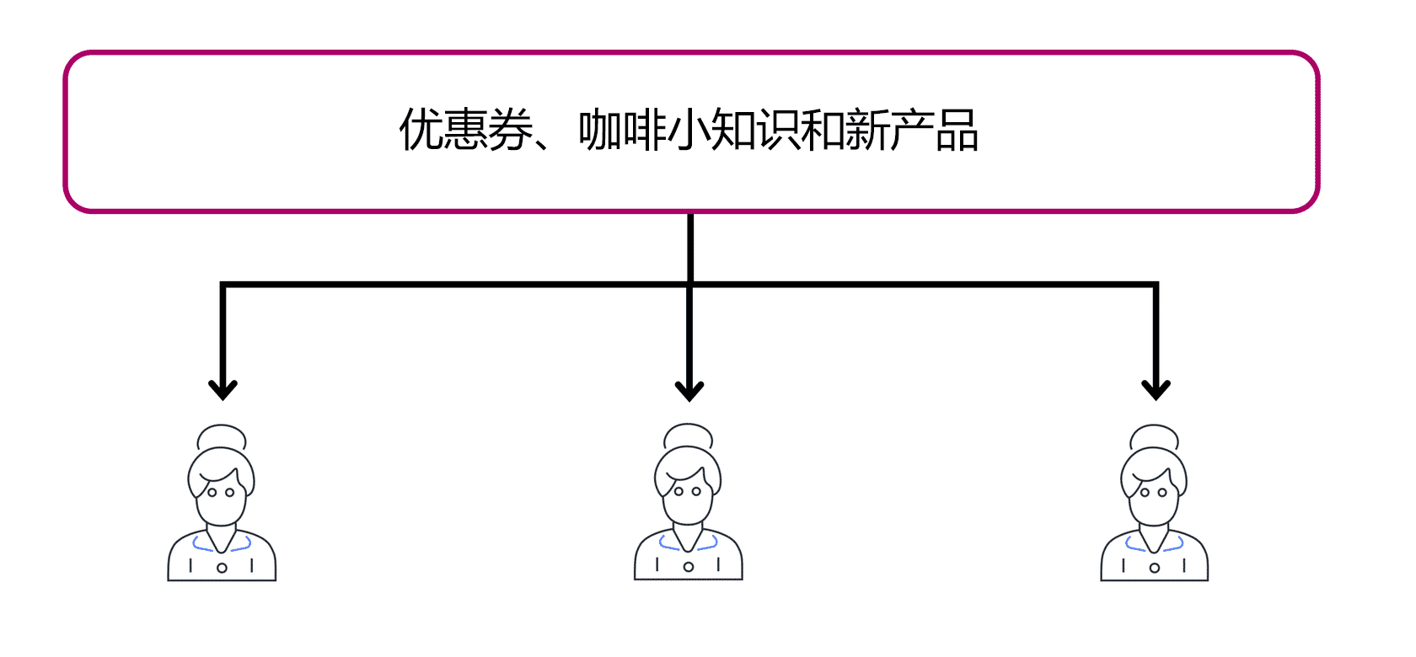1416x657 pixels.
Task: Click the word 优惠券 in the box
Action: [x=466, y=131]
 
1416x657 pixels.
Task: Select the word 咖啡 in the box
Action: [x=623, y=131]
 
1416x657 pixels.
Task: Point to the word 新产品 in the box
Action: [x=911, y=131]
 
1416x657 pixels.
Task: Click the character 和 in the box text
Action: [x=822, y=131]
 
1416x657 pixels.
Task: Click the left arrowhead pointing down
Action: [x=223, y=389]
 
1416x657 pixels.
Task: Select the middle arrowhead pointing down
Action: [x=689, y=390]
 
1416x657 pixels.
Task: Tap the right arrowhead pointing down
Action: [x=1156, y=389]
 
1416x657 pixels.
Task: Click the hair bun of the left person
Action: [x=222, y=436]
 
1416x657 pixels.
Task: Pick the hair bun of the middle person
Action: [x=689, y=435]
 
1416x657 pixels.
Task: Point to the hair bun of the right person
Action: [x=1154, y=436]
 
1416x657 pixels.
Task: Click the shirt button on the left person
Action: [x=222, y=568]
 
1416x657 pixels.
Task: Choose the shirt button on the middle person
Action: [x=689, y=567]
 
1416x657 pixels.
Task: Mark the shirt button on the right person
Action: [x=1155, y=568]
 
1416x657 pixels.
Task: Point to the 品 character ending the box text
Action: [x=957, y=131]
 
